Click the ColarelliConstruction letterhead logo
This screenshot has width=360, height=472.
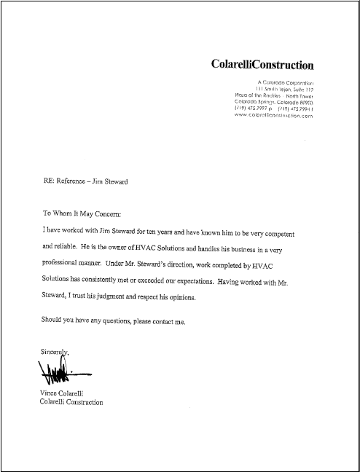(262, 65)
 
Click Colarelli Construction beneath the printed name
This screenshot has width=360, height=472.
(71, 403)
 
